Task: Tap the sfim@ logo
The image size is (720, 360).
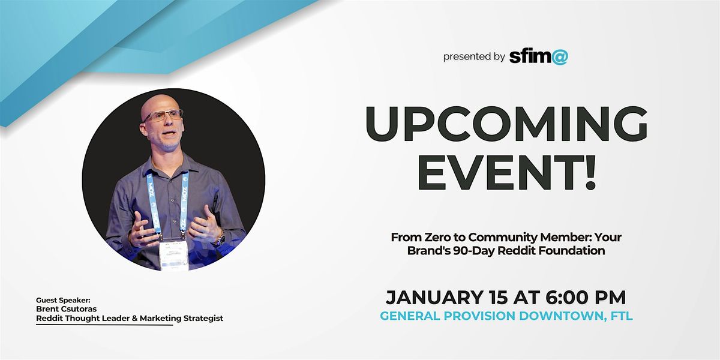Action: pyautogui.click(x=538, y=56)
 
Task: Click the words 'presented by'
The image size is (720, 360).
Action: pyautogui.click(x=474, y=57)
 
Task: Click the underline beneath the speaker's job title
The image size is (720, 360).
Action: pyautogui.click(x=104, y=325)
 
